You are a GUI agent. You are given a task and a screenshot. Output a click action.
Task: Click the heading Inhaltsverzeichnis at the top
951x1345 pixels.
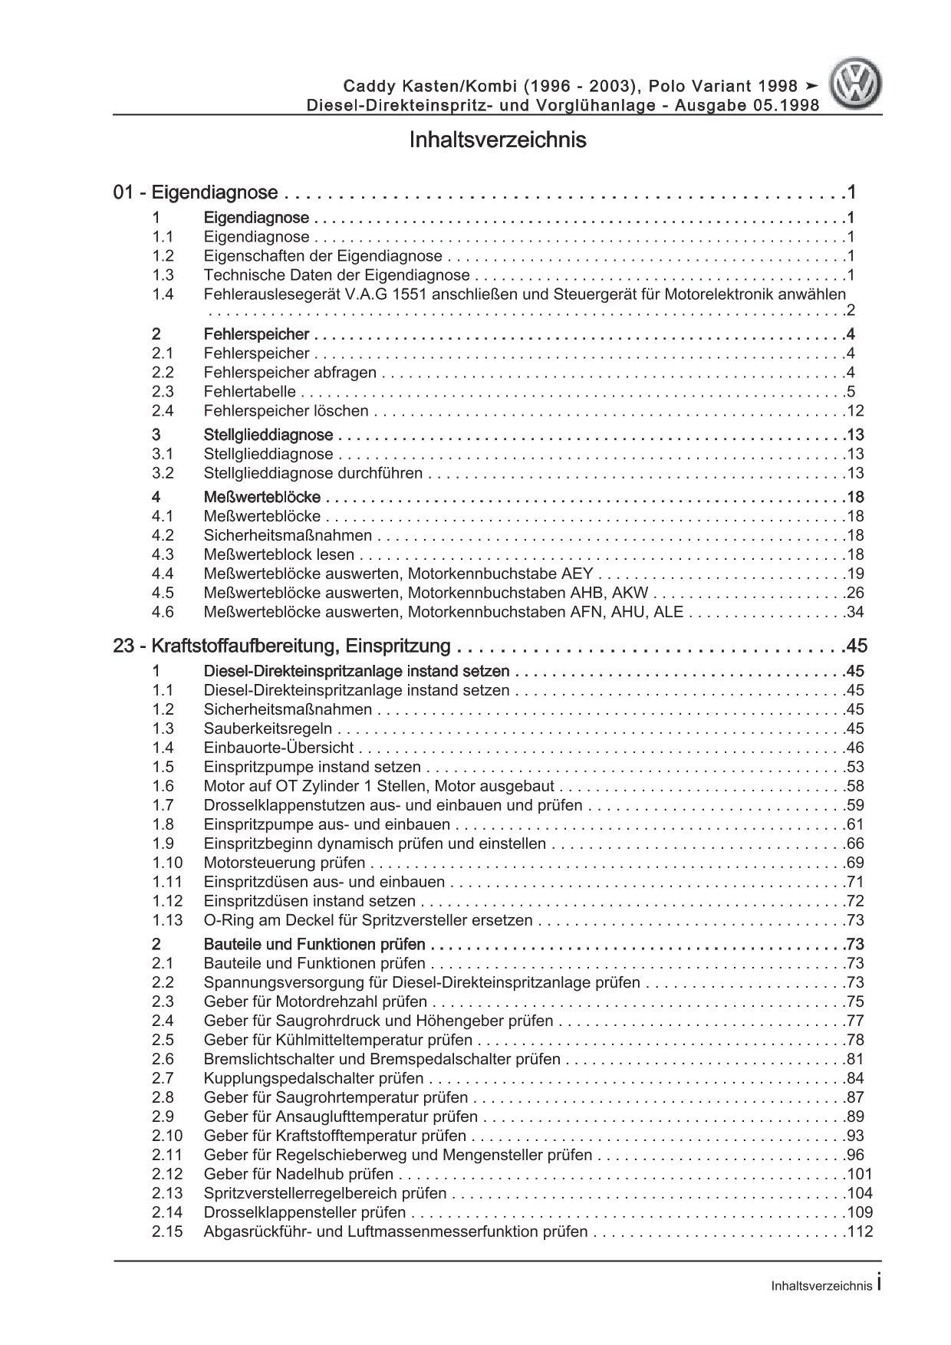(x=498, y=140)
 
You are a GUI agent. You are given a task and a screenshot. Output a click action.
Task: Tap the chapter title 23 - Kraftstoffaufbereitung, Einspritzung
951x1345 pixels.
(x=281, y=646)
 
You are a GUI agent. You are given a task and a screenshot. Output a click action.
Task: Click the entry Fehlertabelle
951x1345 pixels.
(x=250, y=392)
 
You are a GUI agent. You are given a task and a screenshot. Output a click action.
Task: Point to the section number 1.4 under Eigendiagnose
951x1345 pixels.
(x=163, y=294)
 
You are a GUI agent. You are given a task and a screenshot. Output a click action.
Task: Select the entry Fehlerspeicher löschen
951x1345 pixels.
(x=286, y=411)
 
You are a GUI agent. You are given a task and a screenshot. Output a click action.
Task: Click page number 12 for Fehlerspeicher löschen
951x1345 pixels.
(x=856, y=411)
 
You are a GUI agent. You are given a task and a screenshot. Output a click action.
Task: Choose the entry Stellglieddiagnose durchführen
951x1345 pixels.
(x=313, y=473)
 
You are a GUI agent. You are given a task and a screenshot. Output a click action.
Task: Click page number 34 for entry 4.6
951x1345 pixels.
(x=856, y=612)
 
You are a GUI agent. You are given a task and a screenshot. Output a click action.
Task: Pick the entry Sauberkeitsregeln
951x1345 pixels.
(x=268, y=728)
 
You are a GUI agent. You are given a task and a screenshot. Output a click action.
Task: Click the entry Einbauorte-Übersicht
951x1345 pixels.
(x=279, y=748)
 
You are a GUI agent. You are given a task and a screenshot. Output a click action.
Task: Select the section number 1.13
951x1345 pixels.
(x=167, y=920)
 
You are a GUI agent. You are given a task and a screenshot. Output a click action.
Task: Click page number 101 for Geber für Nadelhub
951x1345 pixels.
(x=860, y=1174)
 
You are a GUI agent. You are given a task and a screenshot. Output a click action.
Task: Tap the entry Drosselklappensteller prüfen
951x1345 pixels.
(x=304, y=1212)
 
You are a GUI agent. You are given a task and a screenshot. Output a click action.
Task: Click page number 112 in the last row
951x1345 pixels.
(x=860, y=1232)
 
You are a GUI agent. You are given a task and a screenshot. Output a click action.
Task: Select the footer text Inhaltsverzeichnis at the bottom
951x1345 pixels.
(x=821, y=1287)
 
